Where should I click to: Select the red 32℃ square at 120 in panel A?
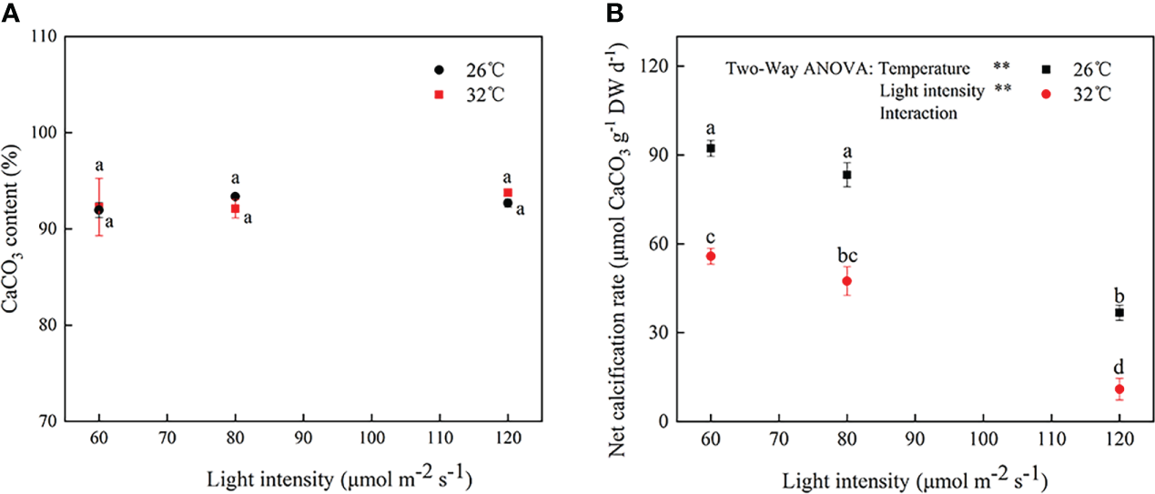coord(508,193)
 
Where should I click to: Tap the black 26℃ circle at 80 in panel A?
coord(235,197)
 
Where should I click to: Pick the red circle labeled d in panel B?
coord(1120,389)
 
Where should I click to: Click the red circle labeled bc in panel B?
coord(847,281)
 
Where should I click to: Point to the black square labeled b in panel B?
coord(1120,313)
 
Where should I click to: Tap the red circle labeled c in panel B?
coord(711,257)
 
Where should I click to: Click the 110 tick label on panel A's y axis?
coord(45,37)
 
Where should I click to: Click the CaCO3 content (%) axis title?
coord(13,228)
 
